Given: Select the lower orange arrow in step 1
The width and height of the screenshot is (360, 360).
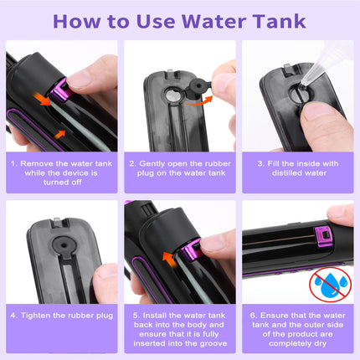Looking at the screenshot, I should click(x=60, y=132).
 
